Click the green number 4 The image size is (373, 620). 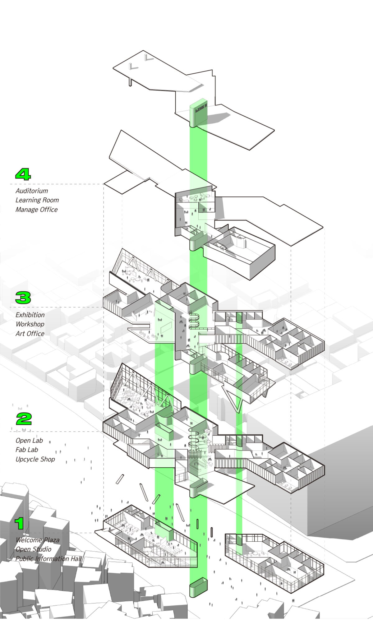pyautogui.click(x=23, y=174)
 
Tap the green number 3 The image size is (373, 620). pyautogui.click(x=23, y=298)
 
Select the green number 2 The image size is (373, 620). pyautogui.click(x=24, y=419)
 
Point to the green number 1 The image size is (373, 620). pyautogui.click(x=19, y=524)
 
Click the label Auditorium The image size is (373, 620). pyautogui.click(x=32, y=191)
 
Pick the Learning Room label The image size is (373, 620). pyautogui.click(x=37, y=200)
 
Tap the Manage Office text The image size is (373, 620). pyautogui.click(x=36, y=210)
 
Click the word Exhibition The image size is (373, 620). pyautogui.click(x=30, y=315)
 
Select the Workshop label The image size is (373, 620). pyautogui.click(x=30, y=324)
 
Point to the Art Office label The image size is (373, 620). pyautogui.click(x=30, y=334)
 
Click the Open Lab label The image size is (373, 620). pyautogui.click(x=29, y=441)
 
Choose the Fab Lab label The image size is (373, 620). pyautogui.click(x=27, y=450)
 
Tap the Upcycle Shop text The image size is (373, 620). pyautogui.click(x=35, y=459)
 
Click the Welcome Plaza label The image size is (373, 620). pyautogui.click(x=37, y=540)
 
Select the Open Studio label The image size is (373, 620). pyautogui.click(x=33, y=549)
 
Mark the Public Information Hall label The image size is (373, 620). pyautogui.click(x=49, y=559)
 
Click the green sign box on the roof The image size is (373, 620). pyautogui.click(x=198, y=113)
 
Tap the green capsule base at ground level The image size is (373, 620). pyautogui.click(x=198, y=587)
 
